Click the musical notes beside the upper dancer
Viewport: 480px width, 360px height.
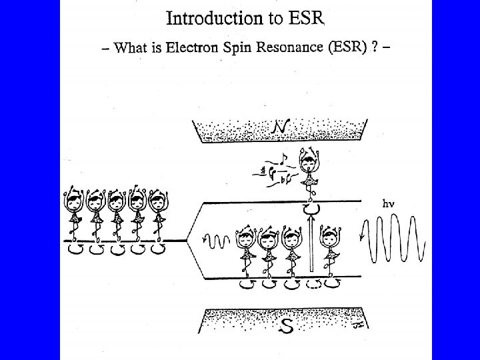pos(273,171)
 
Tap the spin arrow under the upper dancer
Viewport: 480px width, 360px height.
pos(309,210)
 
